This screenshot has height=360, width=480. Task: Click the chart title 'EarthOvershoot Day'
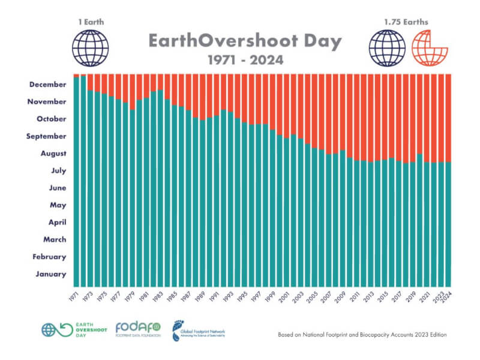244,41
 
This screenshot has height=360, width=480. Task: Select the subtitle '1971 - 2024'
245,61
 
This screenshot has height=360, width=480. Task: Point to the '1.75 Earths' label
406,21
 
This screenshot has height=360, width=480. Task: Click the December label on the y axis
47,85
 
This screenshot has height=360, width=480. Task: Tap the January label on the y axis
50,274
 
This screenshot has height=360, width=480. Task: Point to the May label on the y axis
58,205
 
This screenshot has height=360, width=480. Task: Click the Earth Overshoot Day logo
67,329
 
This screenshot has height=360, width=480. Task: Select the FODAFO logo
138,329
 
